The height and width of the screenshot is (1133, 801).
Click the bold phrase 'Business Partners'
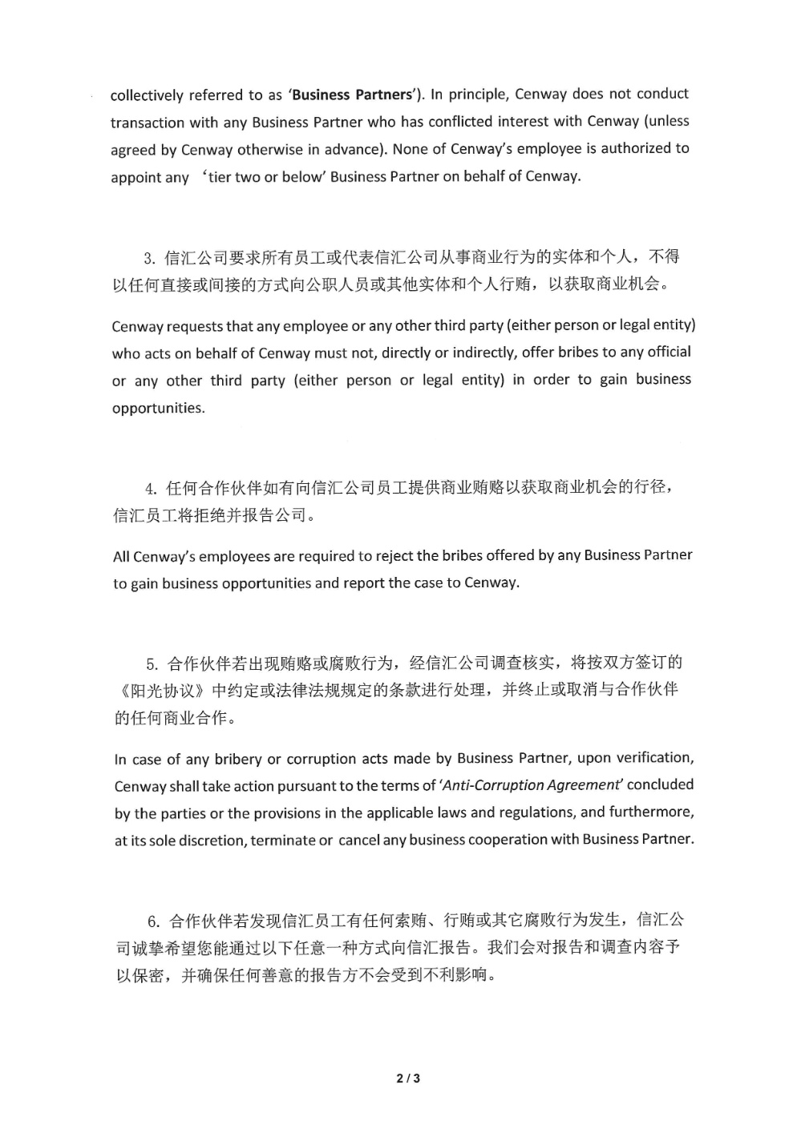click(x=351, y=95)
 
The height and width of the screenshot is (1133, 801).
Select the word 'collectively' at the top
click(x=146, y=95)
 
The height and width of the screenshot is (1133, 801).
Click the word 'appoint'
click(x=136, y=177)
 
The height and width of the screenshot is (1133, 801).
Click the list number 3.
click(x=148, y=258)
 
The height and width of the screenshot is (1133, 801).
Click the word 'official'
click(x=669, y=352)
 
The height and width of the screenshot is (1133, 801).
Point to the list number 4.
click(x=150, y=489)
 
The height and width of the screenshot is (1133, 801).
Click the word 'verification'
click(x=647, y=758)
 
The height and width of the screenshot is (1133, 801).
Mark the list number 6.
click(x=153, y=921)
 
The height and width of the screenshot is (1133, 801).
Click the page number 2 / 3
click(x=408, y=1079)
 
